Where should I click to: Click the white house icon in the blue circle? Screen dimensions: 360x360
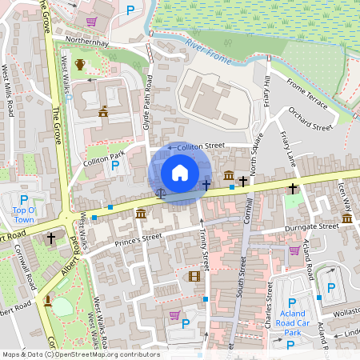click(180, 173)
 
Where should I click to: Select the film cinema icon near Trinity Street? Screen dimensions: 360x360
click(194, 276)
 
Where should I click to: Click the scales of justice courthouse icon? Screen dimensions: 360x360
click(159, 192)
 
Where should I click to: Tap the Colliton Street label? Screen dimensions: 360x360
click(201, 146)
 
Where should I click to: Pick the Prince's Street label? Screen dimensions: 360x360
click(117, 237)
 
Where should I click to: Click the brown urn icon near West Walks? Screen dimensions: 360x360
click(79, 65)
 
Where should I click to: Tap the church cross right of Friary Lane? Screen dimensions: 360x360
click(293, 189)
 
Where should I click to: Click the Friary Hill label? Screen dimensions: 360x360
click(266, 92)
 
